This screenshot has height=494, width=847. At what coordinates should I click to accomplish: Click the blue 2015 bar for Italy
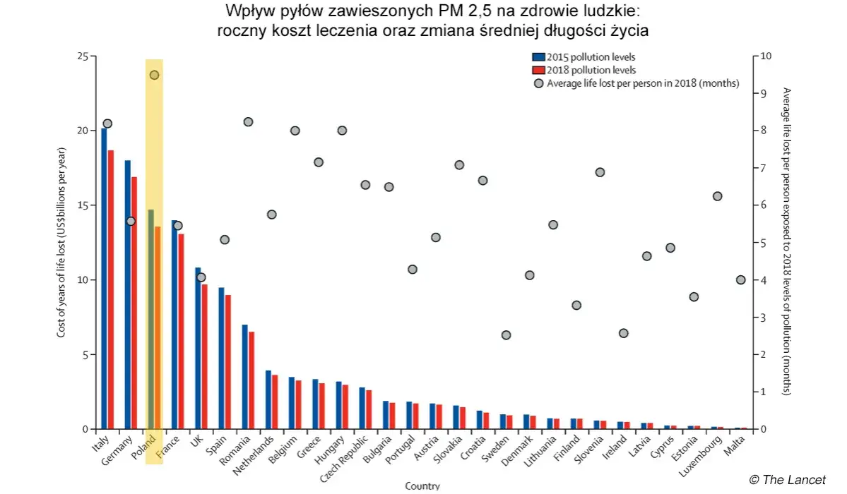104,279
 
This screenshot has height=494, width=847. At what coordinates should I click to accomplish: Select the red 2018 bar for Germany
134,303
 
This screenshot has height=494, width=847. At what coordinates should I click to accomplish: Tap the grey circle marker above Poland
154,75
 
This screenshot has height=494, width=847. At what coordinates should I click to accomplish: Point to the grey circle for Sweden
506,335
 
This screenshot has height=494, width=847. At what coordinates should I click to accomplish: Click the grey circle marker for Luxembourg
717,196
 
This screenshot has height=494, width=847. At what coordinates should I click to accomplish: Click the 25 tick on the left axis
83,56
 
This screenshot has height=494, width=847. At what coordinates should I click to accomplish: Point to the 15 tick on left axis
83,205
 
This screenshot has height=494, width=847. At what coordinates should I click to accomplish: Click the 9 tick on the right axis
763,93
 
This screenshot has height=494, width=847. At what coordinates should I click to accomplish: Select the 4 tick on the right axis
763,280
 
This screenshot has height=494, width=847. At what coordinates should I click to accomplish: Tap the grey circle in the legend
539,83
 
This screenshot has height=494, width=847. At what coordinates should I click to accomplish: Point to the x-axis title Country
422,486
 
